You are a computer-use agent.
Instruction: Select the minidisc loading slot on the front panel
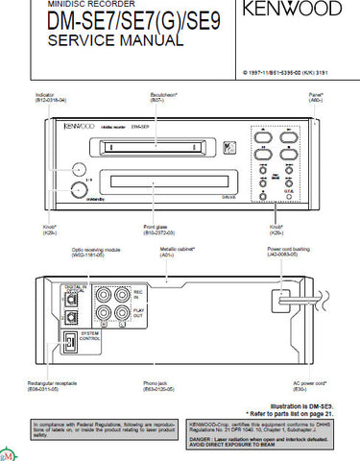click(x=149, y=147)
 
